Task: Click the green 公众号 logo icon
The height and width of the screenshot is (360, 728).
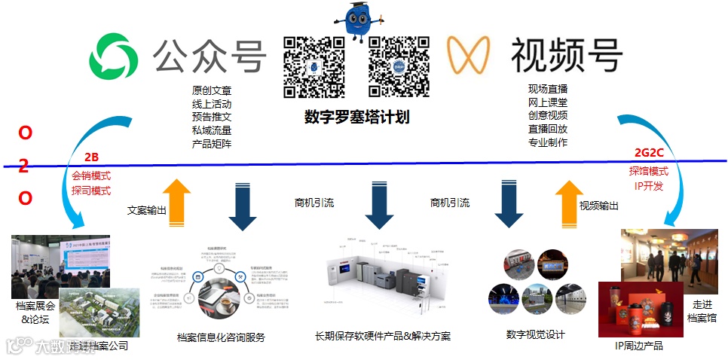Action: point(115,55)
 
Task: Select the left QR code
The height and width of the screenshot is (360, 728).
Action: point(314,66)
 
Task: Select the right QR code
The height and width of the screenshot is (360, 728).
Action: point(399,66)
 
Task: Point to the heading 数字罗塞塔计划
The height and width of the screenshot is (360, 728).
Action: point(356,117)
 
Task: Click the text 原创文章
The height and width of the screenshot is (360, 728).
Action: point(211,90)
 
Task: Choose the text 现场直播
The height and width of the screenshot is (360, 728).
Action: point(548,89)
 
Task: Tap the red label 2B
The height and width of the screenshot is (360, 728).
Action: point(91,158)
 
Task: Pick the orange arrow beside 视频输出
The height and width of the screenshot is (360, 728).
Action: point(566,203)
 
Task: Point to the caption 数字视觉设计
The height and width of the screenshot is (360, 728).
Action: point(536,334)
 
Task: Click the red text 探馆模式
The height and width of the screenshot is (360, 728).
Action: point(649,171)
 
